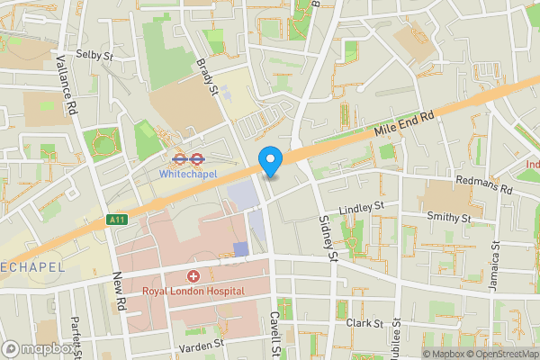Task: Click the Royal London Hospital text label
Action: pos(193,291)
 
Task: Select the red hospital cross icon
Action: pos(193,275)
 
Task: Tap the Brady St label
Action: pos(208,78)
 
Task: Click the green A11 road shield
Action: pos(115,219)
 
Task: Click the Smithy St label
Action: pos(450,218)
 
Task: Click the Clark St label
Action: pos(364,321)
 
